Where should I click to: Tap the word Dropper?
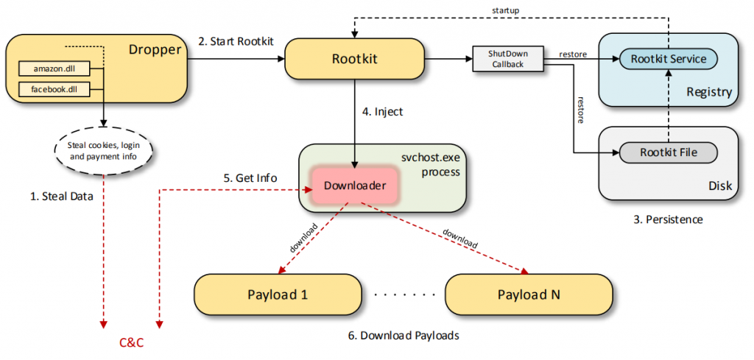[155, 50]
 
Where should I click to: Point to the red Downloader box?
[355, 186]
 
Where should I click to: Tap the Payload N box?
[529, 294]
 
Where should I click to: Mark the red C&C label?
[132, 343]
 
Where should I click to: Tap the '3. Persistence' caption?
[668, 219]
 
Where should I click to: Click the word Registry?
[708, 92]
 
